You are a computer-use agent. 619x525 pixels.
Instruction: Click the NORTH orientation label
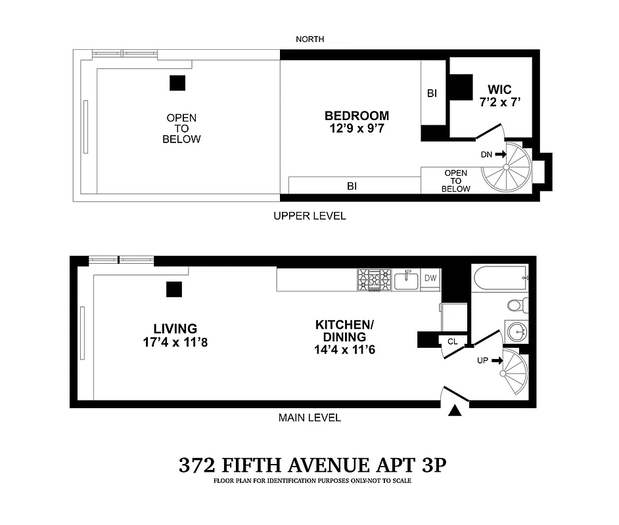tap(309, 39)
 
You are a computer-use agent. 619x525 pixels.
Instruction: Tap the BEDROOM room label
tap(356, 116)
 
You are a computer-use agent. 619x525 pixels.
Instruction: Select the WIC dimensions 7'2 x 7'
tap(503, 102)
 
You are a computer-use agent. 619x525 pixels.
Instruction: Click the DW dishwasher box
tap(430, 279)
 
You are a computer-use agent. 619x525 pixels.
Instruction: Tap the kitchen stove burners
tap(374, 280)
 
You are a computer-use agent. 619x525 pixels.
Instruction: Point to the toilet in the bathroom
tap(516, 305)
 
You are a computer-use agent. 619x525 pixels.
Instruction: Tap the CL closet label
tap(453, 341)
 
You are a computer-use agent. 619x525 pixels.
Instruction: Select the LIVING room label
tap(175, 329)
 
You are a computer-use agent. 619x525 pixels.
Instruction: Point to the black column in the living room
tap(174, 289)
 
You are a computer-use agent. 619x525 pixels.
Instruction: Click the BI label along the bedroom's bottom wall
tap(352, 186)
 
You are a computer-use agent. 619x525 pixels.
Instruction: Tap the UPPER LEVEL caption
tap(309, 216)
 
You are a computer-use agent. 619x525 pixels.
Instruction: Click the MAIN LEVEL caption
tap(309, 418)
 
